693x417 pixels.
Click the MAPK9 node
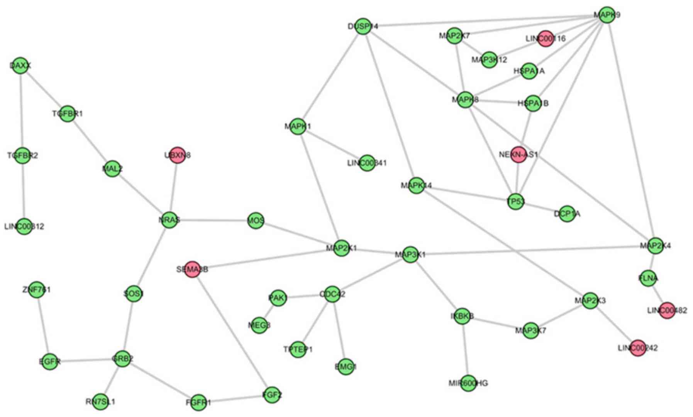(607, 15)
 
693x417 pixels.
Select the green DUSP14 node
(363, 26)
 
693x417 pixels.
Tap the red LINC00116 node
(546, 39)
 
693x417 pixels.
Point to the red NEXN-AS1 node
(518, 154)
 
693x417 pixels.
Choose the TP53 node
(515, 201)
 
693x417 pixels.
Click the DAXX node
(20, 66)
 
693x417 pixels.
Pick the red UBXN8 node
(177, 155)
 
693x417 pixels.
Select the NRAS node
(169, 220)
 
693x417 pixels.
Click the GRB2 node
(122, 359)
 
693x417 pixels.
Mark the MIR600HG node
(468, 383)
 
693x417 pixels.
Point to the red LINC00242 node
(637, 348)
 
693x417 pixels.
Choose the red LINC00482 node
(667, 310)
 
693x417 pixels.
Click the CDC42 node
(332, 294)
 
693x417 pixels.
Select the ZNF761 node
(37, 290)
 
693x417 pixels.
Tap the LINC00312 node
(24, 226)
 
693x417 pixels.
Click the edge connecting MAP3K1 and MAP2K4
(533, 250)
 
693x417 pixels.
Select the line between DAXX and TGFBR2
(22, 110)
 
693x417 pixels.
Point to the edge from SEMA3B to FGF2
(232, 332)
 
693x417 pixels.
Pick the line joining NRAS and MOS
(212, 220)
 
